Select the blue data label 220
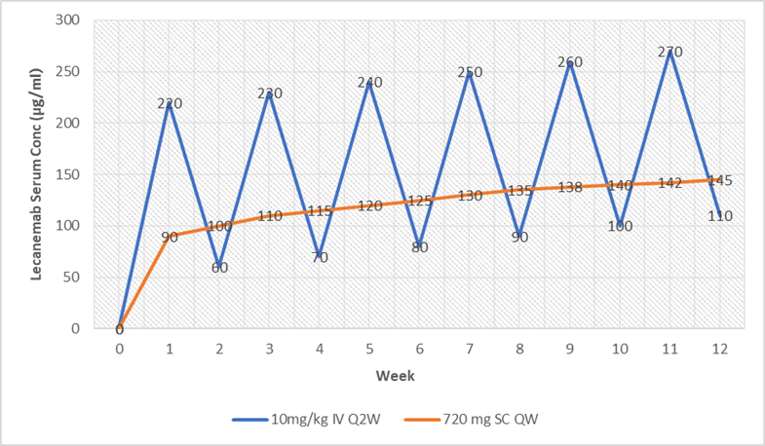pyautogui.click(x=169, y=103)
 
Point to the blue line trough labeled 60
pyautogui.click(x=219, y=267)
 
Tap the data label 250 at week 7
pyautogui.click(x=471, y=72)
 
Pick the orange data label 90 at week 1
pyautogui.click(x=169, y=237)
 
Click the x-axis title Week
pyautogui.click(x=420, y=374)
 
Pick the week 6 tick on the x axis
pyautogui.click(x=420, y=348)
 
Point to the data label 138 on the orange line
pyautogui.click(x=571, y=187)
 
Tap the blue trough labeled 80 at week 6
pyautogui.click(x=420, y=246)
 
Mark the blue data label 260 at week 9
pyautogui.click(x=571, y=62)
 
